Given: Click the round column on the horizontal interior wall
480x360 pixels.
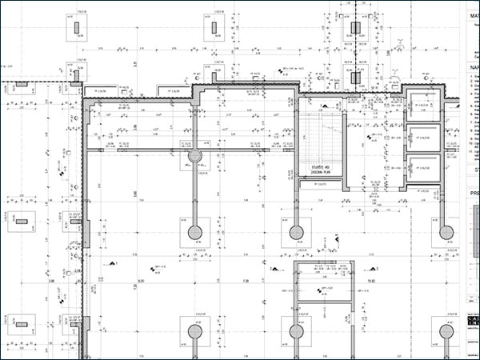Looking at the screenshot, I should click(194, 154).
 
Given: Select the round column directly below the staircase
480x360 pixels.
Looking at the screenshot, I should click(297, 233).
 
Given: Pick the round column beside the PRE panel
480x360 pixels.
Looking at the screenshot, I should click(445, 233).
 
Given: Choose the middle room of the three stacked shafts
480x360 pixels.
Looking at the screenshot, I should click(421, 138).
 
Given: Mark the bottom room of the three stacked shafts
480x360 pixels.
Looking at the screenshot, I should click(421, 168).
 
